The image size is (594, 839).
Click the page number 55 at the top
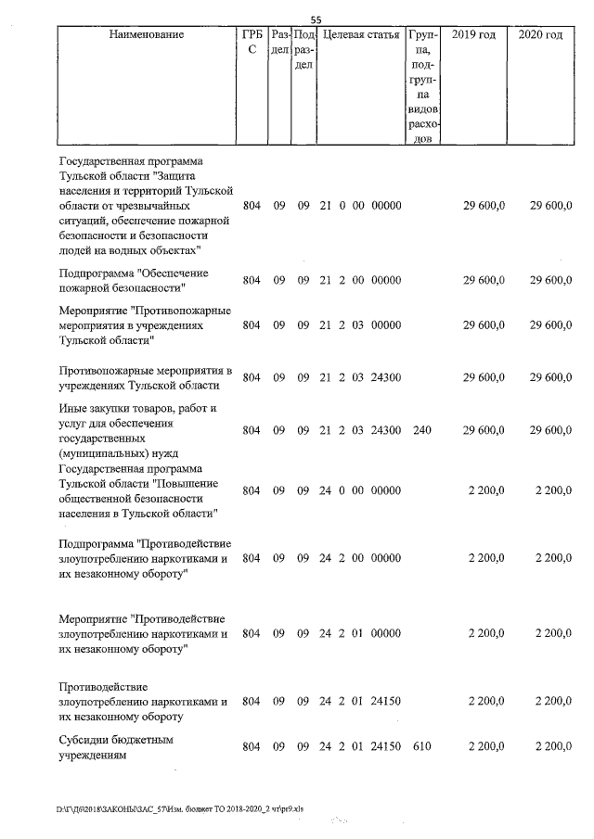tap(316, 19)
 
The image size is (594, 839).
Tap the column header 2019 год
tap(473, 35)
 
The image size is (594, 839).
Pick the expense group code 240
tap(421, 430)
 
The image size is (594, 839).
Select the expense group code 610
tap(421, 747)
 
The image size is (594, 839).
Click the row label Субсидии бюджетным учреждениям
tap(116, 748)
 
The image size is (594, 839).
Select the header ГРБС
tap(252, 42)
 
